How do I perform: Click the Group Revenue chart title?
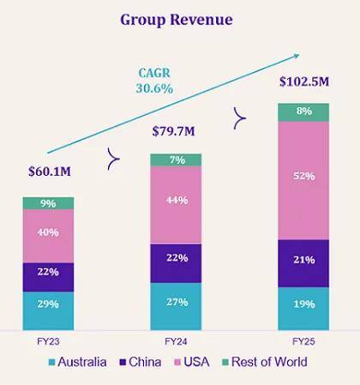tap(177, 19)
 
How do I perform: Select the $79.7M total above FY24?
tap(176, 133)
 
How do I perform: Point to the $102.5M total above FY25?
tap(303, 81)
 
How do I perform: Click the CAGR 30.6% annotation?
tap(154, 81)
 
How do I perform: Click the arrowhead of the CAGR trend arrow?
tap(297, 55)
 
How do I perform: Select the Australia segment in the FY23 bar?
tap(48, 304)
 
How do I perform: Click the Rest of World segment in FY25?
tap(303, 111)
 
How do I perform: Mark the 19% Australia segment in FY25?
tap(303, 304)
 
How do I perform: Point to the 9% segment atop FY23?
tap(48, 203)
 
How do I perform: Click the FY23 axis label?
tap(48, 340)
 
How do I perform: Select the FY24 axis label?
tap(176, 340)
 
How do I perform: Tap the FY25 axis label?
tap(303, 340)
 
